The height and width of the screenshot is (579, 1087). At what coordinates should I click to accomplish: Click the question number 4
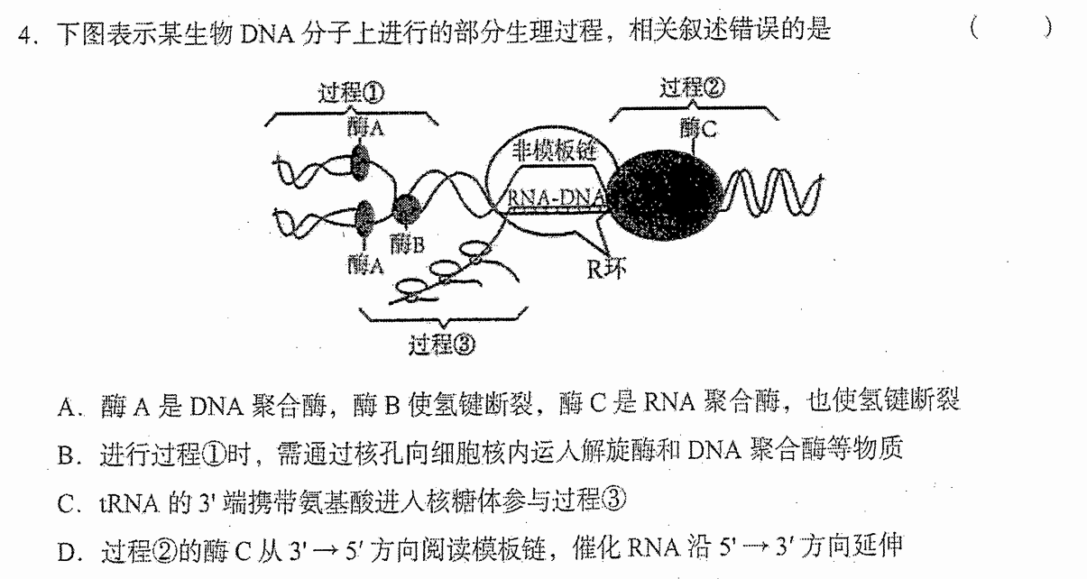tap(25, 35)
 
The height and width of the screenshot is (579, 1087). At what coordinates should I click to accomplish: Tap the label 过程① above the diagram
tap(351, 92)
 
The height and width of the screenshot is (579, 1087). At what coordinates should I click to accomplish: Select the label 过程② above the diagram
tap(692, 87)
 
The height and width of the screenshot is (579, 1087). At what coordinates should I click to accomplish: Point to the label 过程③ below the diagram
tap(442, 345)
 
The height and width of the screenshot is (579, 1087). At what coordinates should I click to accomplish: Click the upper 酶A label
tap(366, 128)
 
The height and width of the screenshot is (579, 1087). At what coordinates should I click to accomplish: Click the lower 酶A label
tap(366, 264)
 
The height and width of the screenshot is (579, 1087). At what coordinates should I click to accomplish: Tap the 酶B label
tap(407, 244)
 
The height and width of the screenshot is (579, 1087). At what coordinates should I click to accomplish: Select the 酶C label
tap(698, 129)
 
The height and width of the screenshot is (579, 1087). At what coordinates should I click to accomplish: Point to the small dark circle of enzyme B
tap(406, 208)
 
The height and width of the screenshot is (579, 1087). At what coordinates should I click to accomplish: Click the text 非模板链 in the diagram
tap(555, 151)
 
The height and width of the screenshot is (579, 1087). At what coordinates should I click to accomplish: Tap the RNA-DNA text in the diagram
tap(556, 197)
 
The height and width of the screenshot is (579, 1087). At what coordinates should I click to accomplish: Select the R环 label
tap(606, 269)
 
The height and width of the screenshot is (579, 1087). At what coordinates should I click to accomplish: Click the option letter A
tap(67, 408)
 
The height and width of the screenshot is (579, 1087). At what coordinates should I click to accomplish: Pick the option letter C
tap(66, 504)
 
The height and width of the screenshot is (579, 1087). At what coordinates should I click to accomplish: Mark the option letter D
tap(67, 552)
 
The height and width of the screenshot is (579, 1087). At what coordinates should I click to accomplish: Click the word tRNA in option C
tap(129, 504)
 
